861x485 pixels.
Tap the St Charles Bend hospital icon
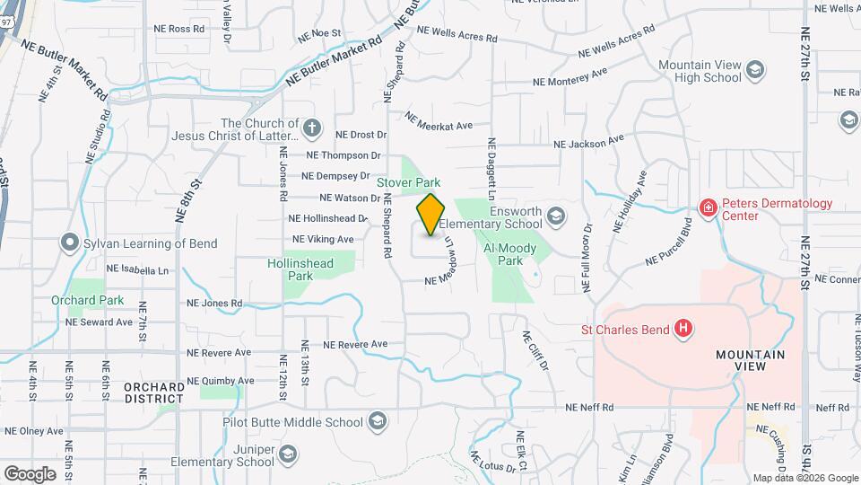(x=683, y=329)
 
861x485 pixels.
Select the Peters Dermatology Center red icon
(x=708, y=208)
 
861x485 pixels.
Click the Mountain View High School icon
(x=755, y=70)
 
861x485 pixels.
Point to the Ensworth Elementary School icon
(x=556, y=216)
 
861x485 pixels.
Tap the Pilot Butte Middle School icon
(x=378, y=421)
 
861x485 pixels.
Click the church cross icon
(x=312, y=128)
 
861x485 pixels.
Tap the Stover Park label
(x=408, y=182)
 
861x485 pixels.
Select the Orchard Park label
(x=87, y=300)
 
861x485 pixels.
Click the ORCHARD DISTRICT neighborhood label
(x=154, y=392)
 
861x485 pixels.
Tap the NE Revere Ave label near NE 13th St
(x=355, y=344)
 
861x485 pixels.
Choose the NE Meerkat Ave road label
(x=438, y=120)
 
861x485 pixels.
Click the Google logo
(x=30, y=473)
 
